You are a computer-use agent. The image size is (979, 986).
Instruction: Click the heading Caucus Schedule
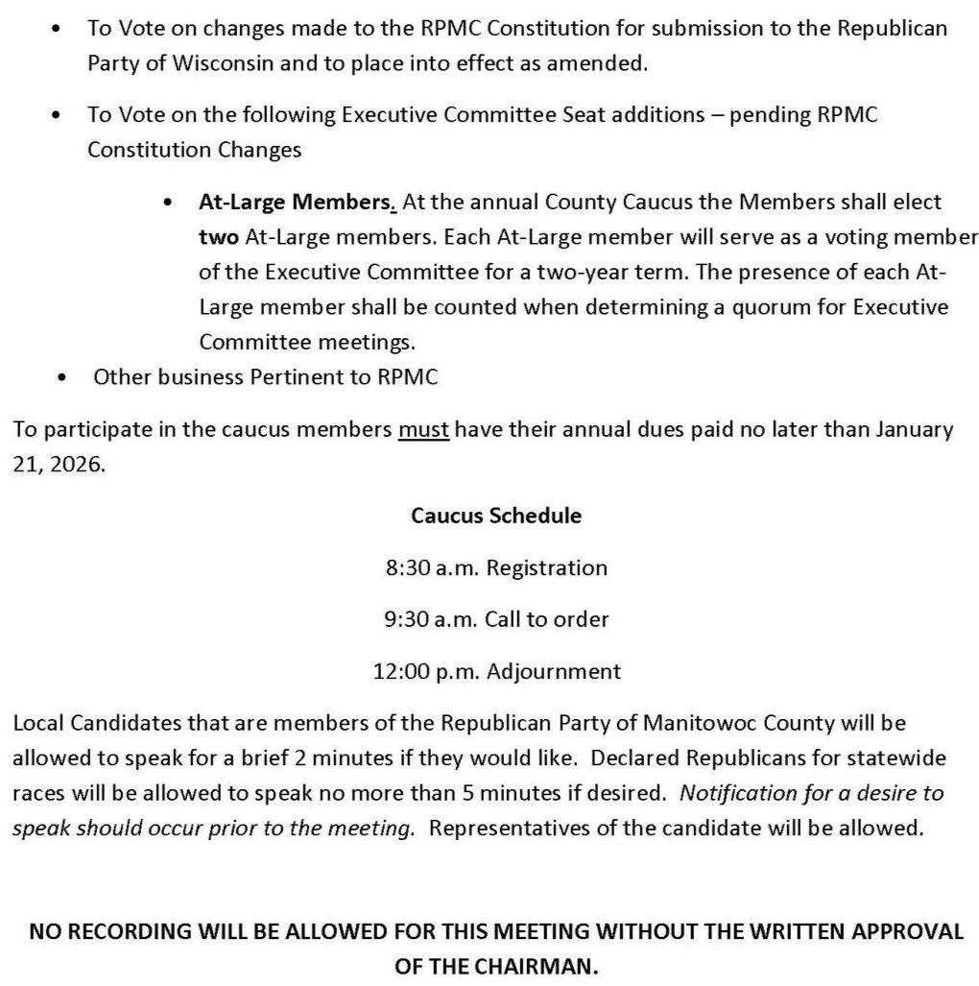pyautogui.click(x=495, y=516)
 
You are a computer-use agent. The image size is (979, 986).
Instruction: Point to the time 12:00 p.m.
pyautogui.click(x=426, y=671)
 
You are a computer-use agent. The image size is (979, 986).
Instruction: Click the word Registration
pyautogui.click(x=546, y=567)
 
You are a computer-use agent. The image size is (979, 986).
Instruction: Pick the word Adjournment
pyautogui.click(x=554, y=671)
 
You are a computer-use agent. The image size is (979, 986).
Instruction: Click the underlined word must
pyautogui.click(x=423, y=429)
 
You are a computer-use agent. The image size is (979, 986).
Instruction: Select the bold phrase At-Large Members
pyautogui.click(x=297, y=203)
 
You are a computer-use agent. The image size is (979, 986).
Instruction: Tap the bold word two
pyautogui.click(x=218, y=237)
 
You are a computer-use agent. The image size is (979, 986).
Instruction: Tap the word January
pyautogui.click(x=914, y=429)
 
